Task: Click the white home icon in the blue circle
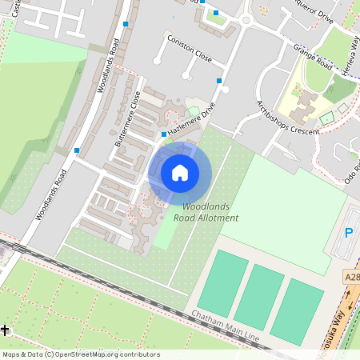[x=180, y=173]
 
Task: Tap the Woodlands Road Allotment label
[x=206, y=213]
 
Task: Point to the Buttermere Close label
[x=126, y=119]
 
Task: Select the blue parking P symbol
[x=348, y=233]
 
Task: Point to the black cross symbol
[x=6, y=330]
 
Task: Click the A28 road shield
[x=351, y=277]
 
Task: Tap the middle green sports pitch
[x=258, y=297]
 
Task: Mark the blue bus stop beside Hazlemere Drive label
[x=164, y=134]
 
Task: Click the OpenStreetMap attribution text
[x=80, y=354]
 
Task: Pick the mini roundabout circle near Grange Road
[x=246, y=20]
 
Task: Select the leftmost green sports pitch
[x=222, y=282]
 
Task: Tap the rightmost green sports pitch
[x=297, y=311]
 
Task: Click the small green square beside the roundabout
[x=213, y=14]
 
